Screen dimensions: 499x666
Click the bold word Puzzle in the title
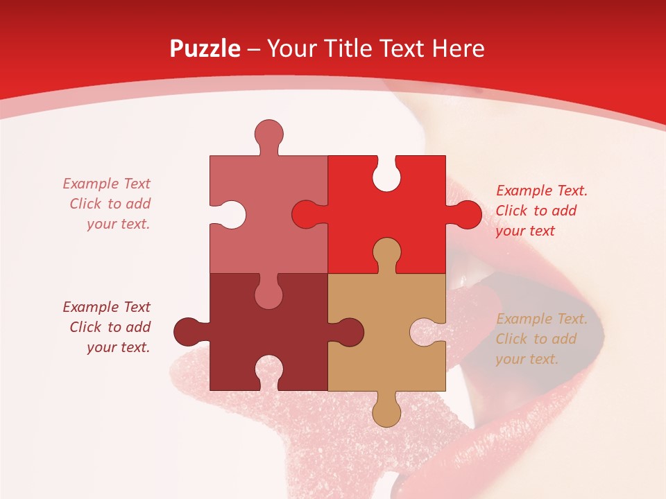coord(205,49)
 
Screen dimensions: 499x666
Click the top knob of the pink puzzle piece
coord(268,135)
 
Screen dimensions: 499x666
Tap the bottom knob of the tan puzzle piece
coord(386,410)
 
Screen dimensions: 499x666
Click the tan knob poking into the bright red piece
coord(386,254)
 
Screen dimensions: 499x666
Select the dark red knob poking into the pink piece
coord(268,292)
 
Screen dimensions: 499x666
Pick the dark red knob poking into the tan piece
coord(347,331)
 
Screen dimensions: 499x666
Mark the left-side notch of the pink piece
coord(230,214)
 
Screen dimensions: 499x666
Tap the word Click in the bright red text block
coord(510,211)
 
